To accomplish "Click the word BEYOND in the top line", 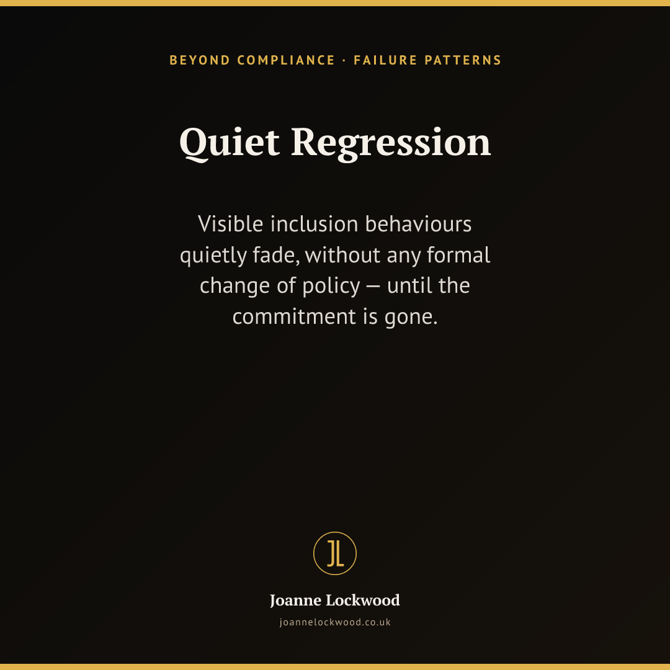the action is [200, 60].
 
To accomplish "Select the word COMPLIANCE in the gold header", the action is [286, 60].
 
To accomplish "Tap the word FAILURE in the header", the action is [385, 60].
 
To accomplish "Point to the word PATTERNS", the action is [463, 60].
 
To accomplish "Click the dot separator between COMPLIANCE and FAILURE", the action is [344, 61].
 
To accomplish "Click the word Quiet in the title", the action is [230, 143].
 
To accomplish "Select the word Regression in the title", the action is [391, 144].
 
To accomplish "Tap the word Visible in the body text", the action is [230, 224].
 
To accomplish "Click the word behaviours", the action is [418, 224].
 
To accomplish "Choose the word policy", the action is [331, 286].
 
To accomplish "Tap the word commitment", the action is [295, 317].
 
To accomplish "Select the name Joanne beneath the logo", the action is [295, 601].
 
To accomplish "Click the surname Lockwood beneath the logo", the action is [363, 601].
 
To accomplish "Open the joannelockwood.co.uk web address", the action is [335, 623].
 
